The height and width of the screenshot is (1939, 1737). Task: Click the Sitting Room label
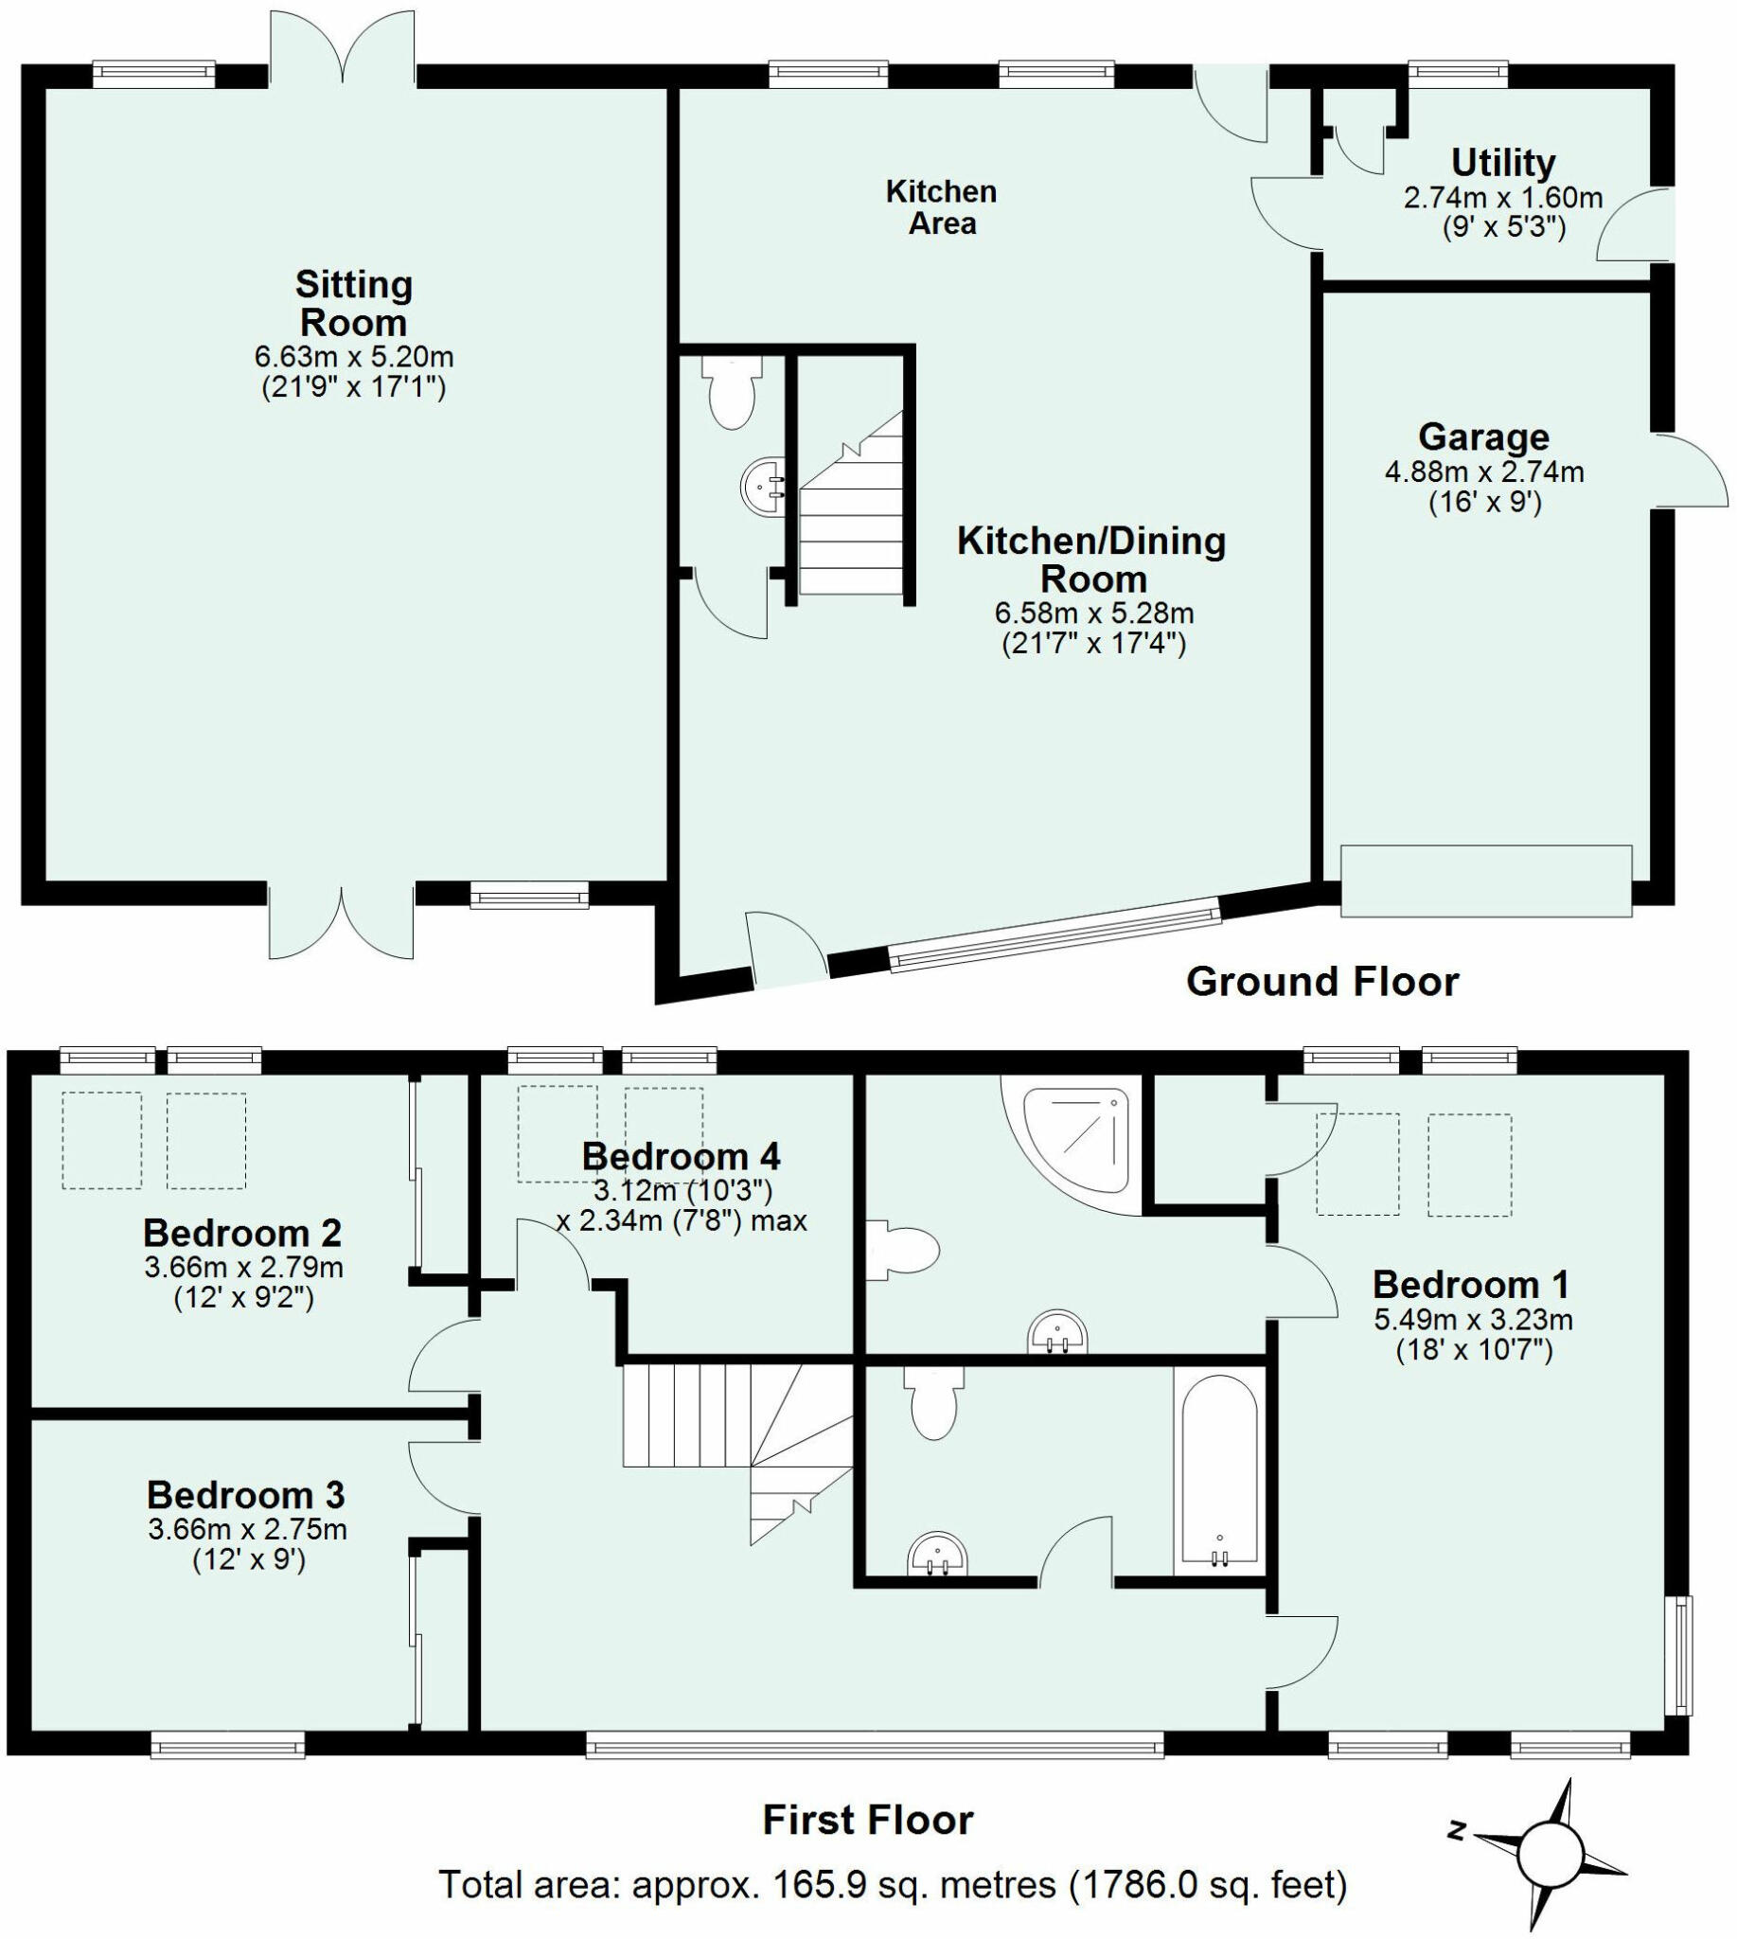click(353, 303)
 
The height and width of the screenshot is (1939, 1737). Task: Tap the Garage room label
click(1483, 437)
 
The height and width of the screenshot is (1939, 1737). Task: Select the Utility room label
click(1503, 162)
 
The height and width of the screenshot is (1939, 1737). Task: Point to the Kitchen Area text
click(941, 207)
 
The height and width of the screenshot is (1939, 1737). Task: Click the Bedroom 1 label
click(1471, 1284)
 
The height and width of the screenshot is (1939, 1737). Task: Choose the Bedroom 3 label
click(245, 1494)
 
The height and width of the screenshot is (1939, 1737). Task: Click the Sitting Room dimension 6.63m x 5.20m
click(353, 357)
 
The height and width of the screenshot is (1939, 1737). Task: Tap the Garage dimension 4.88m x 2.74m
click(1484, 471)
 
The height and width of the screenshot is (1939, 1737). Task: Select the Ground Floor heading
click(1321, 982)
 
